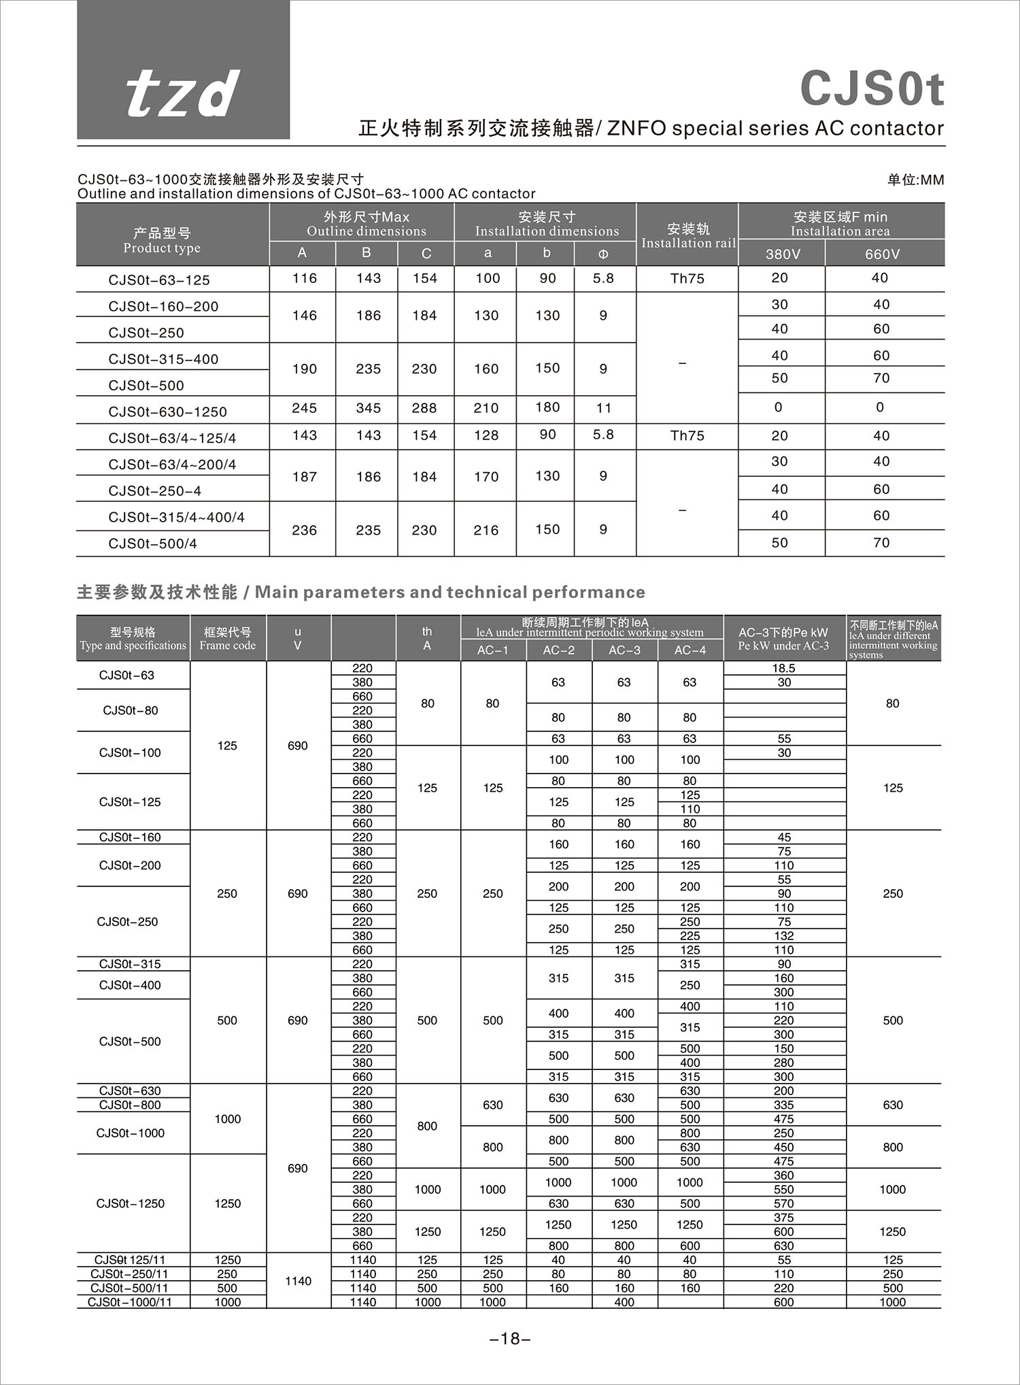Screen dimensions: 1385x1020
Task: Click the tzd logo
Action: pyautogui.click(x=183, y=93)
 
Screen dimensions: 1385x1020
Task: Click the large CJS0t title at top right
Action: pyautogui.click(x=872, y=88)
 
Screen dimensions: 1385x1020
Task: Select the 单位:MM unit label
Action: pyautogui.click(x=915, y=180)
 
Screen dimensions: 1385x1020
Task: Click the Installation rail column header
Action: pyautogui.click(x=688, y=235)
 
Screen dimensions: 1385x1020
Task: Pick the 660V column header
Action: pyautogui.click(x=882, y=254)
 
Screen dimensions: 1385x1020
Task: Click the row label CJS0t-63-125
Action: pyautogui.click(x=159, y=280)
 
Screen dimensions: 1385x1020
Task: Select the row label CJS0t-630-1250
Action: pyautogui.click(x=167, y=412)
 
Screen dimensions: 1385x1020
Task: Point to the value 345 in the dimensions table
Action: pyautogui.click(x=368, y=408)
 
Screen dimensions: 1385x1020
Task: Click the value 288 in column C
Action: pyautogui.click(x=424, y=408)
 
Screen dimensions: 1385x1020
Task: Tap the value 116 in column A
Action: pyautogui.click(x=304, y=278)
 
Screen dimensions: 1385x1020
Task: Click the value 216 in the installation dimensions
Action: pyautogui.click(x=486, y=530)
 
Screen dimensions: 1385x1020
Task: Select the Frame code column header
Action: pyautogui.click(x=228, y=639)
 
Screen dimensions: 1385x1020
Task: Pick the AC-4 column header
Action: pyautogui.click(x=690, y=650)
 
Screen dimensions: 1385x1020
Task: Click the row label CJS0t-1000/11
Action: pyautogui.click(x=130, y=1302)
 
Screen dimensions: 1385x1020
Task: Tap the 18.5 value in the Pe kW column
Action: pyautogui.click(x=784, y=668)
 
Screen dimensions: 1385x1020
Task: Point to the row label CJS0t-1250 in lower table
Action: pyautogui.click(x=131, y=1203)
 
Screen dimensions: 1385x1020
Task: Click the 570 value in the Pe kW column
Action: pyautogui.click(x=784, y=1203)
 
